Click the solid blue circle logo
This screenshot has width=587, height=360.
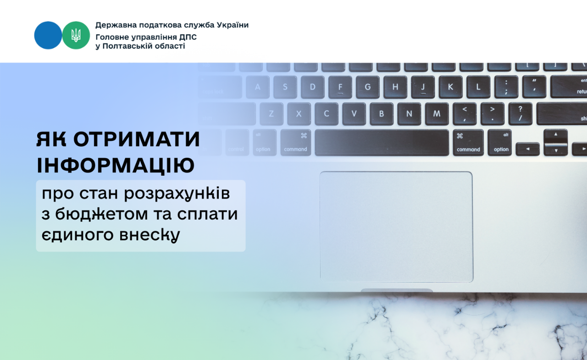[48, 35]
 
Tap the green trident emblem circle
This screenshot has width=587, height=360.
[76, 35]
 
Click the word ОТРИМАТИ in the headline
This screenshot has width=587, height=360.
[137, 139]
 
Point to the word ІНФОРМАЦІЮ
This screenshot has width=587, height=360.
[116, 166]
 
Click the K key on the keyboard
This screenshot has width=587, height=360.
[450, 87]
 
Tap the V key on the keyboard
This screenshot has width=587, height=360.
[354, 114]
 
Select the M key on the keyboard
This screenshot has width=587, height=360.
[437, 114]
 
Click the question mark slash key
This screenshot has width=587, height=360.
[520, 114]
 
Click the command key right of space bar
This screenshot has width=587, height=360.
[468, 143]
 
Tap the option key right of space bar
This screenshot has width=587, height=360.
[501, 143]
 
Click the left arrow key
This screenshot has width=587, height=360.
[527, 149]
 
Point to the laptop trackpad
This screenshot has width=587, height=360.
[396, 227]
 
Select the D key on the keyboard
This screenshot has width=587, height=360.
[312, 87]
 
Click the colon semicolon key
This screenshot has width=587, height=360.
[506, 87]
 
